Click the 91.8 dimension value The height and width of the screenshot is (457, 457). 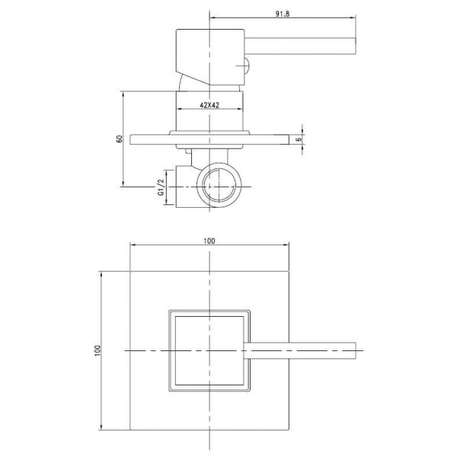pyautogui.click(x=283, y=14)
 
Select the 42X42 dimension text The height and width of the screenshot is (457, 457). pyautogui.click(x=209, y=105)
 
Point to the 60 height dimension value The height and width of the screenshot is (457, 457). pyautogui.click(x=120, y=139)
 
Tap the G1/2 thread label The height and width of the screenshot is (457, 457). pyautogui.click(x=161, y=187)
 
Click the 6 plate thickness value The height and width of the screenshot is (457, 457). pyautogui.click(x=299, y=139)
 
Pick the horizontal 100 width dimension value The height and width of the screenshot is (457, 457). pyautogui.click(x=209, y=241)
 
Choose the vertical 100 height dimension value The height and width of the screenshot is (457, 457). pyautogui.click(x=97, y=350)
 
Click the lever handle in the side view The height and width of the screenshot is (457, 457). pyautogui.click(x=300, y=46)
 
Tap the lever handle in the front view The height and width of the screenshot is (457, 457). pyautogui.click(x=300, y=350)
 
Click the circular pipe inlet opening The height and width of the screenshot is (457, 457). pyautogui.click(x=219, y=186)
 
